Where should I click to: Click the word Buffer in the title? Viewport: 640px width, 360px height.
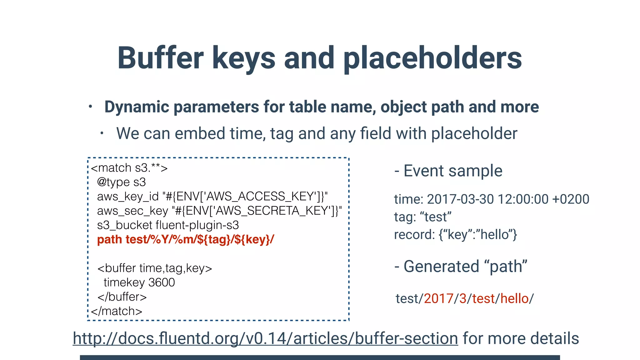tap(160, 58)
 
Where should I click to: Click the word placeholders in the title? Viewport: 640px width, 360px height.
tap(433, 58)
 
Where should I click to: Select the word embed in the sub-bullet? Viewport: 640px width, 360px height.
tap(199, 133)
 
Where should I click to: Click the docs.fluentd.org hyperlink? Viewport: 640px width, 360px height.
tap(265, 338)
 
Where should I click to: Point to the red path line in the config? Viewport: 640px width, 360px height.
tap(186, 239)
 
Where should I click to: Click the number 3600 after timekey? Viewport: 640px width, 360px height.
tap(162, 282)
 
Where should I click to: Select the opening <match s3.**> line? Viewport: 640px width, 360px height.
tap(129, 168)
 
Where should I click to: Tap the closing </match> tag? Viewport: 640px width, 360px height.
tap(117, 311)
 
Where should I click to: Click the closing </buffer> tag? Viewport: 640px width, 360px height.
tap(122, 297)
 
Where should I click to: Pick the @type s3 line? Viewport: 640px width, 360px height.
tap(121, 182)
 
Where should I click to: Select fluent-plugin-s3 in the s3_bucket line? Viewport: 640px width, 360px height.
tap(197, 225)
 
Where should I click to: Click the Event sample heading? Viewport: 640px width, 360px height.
tap(452, 171)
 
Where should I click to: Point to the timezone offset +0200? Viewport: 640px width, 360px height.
tap(571, 199)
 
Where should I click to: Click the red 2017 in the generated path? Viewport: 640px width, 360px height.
tap(438, 299)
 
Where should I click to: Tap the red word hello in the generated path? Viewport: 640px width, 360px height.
tap(514, 299)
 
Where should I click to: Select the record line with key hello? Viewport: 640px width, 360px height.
tap(455, 235)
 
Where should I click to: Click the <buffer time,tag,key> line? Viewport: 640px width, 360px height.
tap(155, 268)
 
